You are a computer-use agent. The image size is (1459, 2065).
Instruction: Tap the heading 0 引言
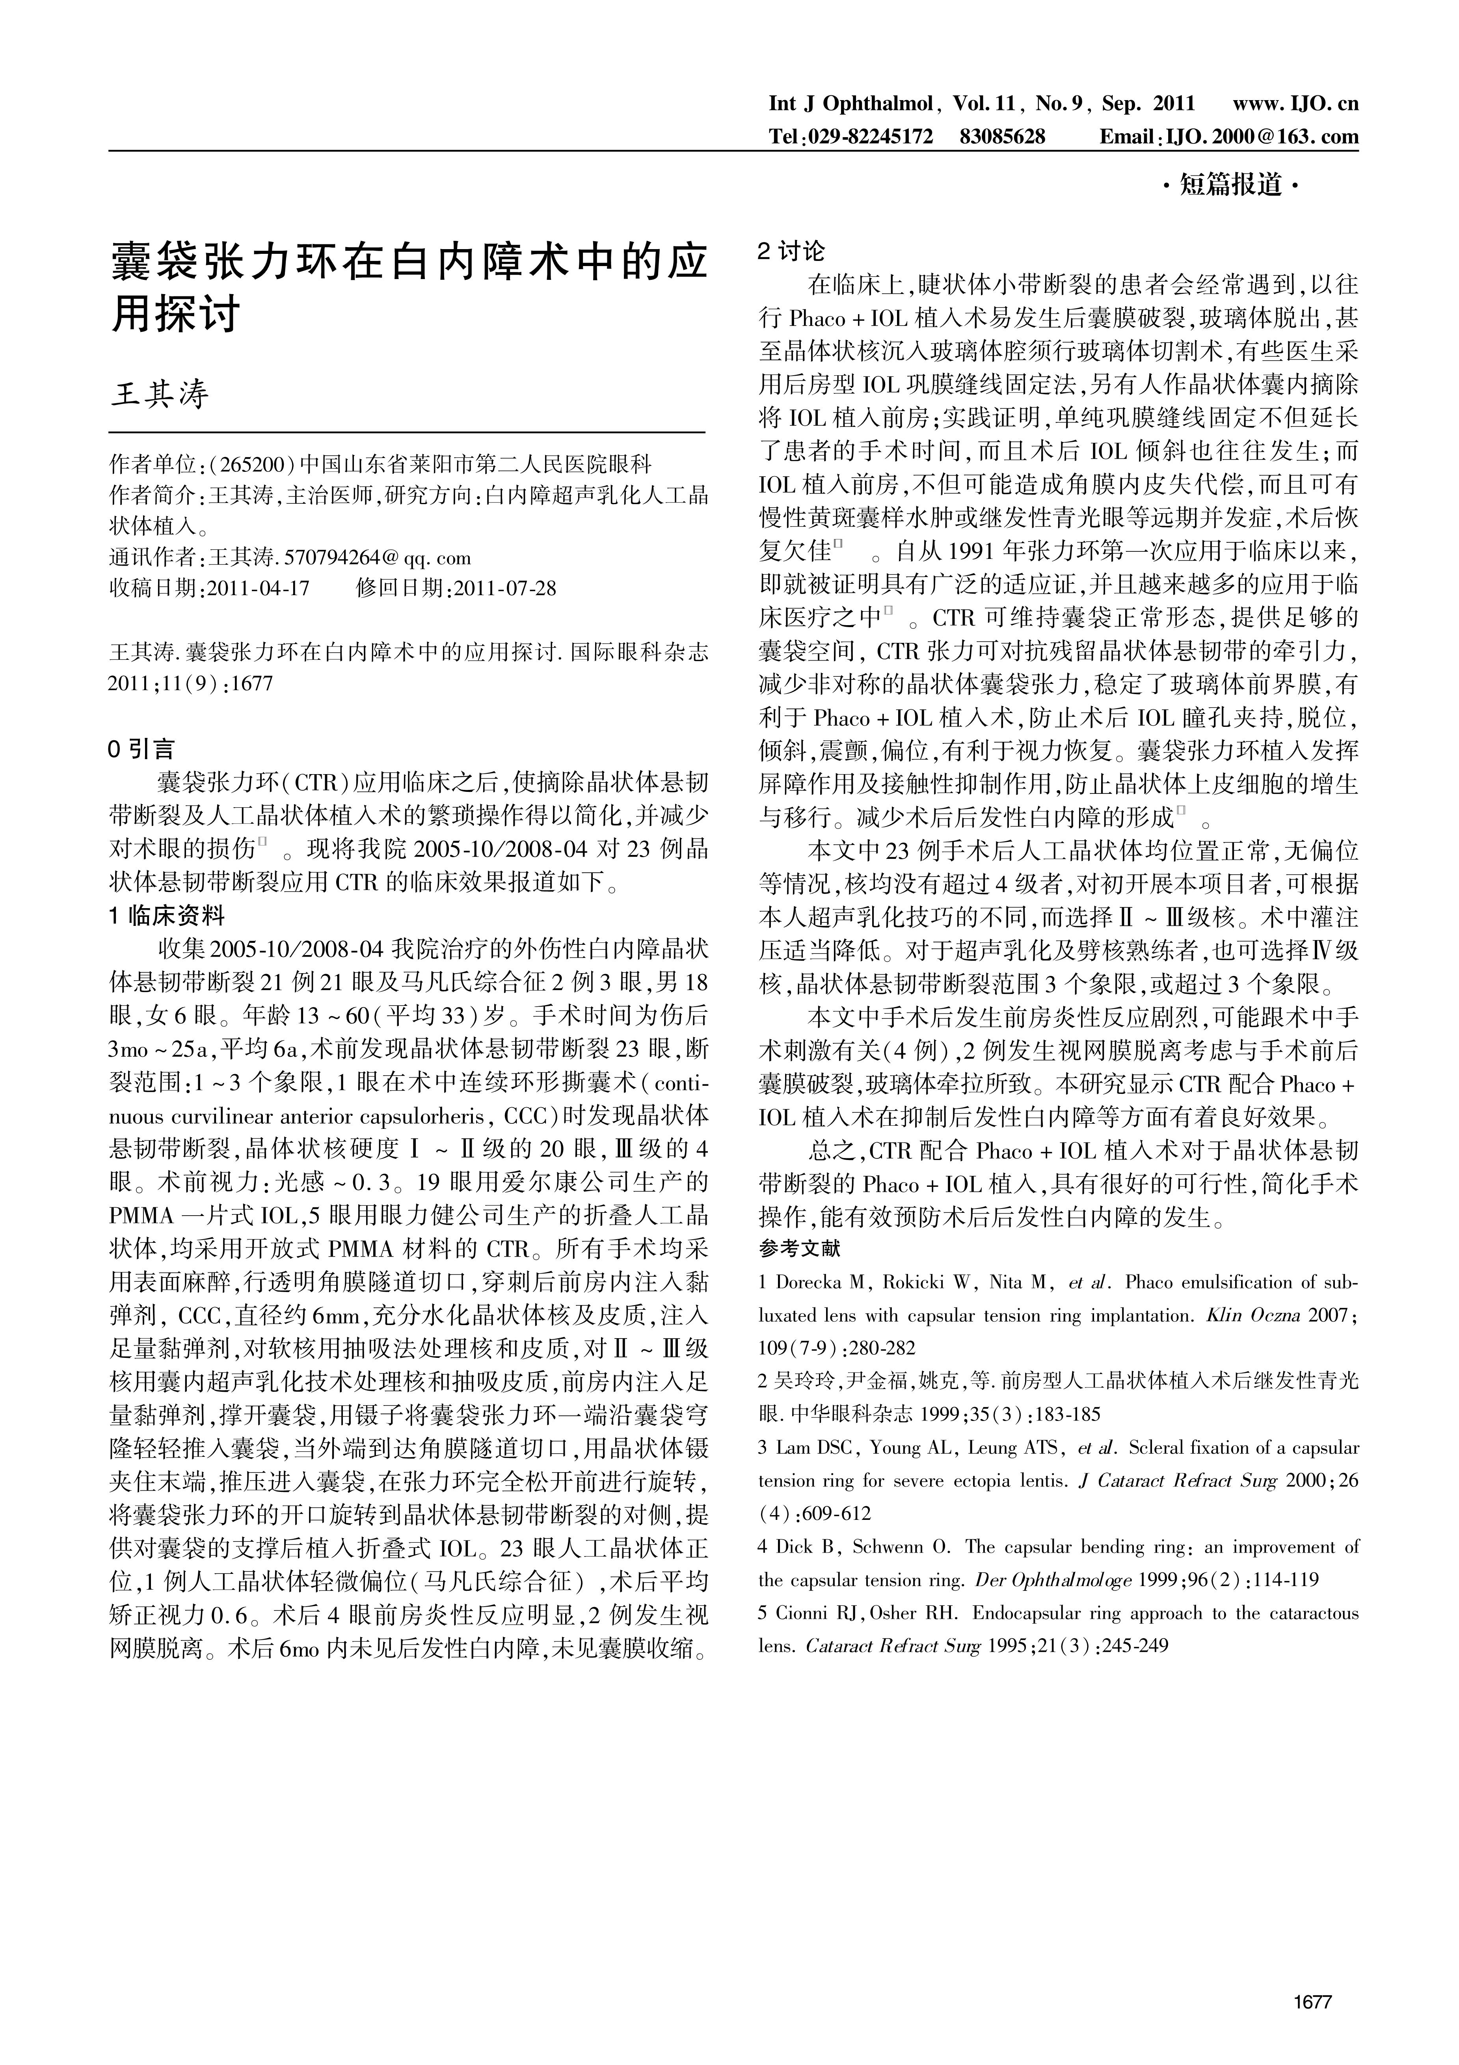pyautogui.click(x=142, y=748)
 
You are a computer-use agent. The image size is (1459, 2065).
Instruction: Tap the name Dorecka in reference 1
pyautogui.click(x=808, y=1283)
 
